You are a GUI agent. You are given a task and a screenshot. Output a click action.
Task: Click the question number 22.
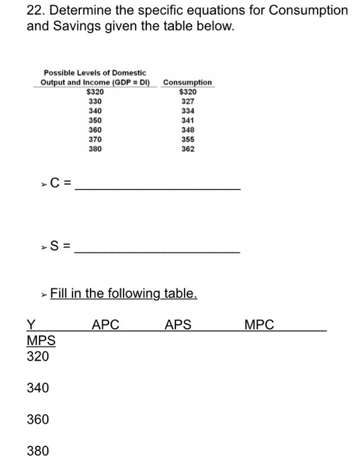pos(34,11)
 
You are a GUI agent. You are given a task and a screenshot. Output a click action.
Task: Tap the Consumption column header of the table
pos(187,83)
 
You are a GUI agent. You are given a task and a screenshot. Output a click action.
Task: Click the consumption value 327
pos(188,101)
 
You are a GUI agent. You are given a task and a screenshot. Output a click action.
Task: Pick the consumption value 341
pos(188,120)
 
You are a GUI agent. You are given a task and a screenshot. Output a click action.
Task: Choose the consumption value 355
pos(188,140)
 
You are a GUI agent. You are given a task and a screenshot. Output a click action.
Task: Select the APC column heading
pos(105,325)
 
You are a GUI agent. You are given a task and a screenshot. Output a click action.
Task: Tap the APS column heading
pos(178,325)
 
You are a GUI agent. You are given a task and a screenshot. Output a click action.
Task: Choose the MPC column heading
pos(260,325)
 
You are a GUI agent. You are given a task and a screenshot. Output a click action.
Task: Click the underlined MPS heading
pos(41,340)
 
